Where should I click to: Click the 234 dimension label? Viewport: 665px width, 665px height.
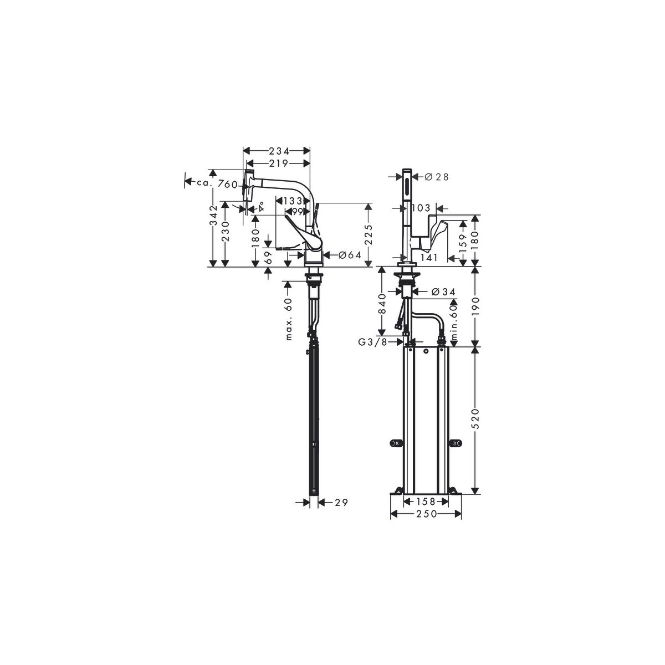click(x=279, y=151)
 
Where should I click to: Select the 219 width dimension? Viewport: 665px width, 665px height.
click(x=279, y=163)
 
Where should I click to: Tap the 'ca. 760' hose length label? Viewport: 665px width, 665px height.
click(x=217, y=184)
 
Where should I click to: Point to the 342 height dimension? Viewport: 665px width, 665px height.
click(x=214, y=220)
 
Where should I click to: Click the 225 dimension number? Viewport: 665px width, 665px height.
click(x=369, y=234)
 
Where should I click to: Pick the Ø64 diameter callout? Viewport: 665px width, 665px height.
click(x=350, y=255)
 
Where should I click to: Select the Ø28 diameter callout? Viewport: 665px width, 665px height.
click(x=437, y=177)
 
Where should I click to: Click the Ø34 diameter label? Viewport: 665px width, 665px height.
click(x=443, y=292)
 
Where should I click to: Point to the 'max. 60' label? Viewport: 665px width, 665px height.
click(x=289, y=319)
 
